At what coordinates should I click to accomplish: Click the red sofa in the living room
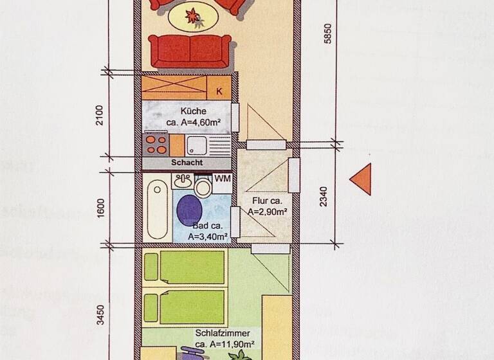point(190,51)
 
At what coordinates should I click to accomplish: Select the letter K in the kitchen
point(219,91)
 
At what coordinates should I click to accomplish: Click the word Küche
point(193,111)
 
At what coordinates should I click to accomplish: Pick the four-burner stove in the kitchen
point(156,144)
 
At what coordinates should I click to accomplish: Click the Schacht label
point(187,163)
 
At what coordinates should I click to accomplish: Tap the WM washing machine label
point(223,178)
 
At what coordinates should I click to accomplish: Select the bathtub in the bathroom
point(158,210)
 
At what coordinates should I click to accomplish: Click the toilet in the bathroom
point(203,187)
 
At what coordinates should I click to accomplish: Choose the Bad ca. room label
point(207,226)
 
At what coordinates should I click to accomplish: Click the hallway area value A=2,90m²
point(268,212)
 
